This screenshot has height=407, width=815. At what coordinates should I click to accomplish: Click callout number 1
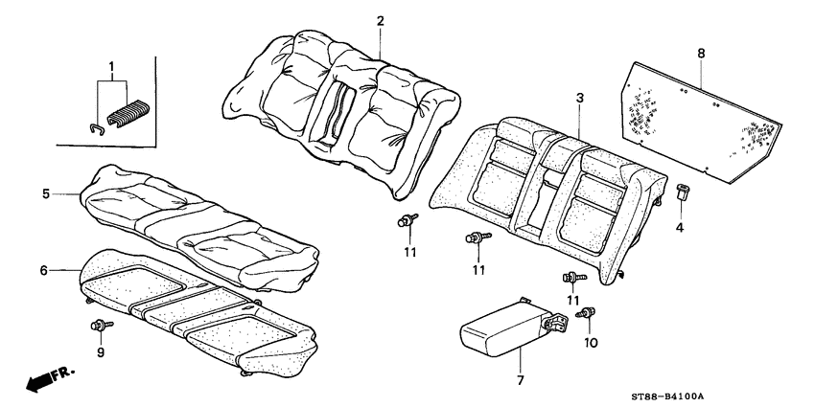click(111, 69)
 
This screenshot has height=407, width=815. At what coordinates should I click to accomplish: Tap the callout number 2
click(380, 21)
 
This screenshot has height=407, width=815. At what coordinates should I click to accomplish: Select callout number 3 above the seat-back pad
click(579, 100)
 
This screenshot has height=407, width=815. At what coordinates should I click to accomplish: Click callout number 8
click(701, 55)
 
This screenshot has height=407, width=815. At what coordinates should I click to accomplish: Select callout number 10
click(591, 342)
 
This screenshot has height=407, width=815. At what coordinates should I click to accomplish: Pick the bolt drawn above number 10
click(591, 312)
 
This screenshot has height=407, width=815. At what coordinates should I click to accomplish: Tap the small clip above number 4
click(683, 192)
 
